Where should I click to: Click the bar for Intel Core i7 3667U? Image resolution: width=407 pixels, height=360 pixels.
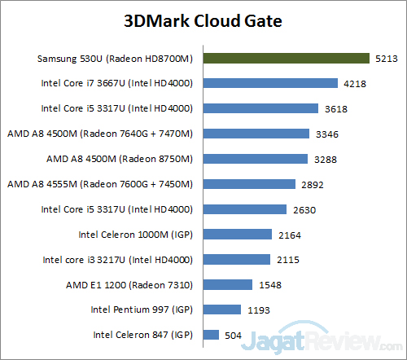pos(270,83)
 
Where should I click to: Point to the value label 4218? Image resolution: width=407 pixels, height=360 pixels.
pos(353,83)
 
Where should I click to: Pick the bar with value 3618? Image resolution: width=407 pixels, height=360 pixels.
pos(260,108)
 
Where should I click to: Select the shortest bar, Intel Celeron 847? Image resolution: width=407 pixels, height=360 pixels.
pos(211,335)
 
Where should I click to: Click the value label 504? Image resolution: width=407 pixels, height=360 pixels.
pos(234,335)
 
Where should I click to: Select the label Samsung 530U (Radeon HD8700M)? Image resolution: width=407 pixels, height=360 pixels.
pos(116,59)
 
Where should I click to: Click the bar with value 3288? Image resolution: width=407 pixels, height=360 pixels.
pos(255,159)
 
